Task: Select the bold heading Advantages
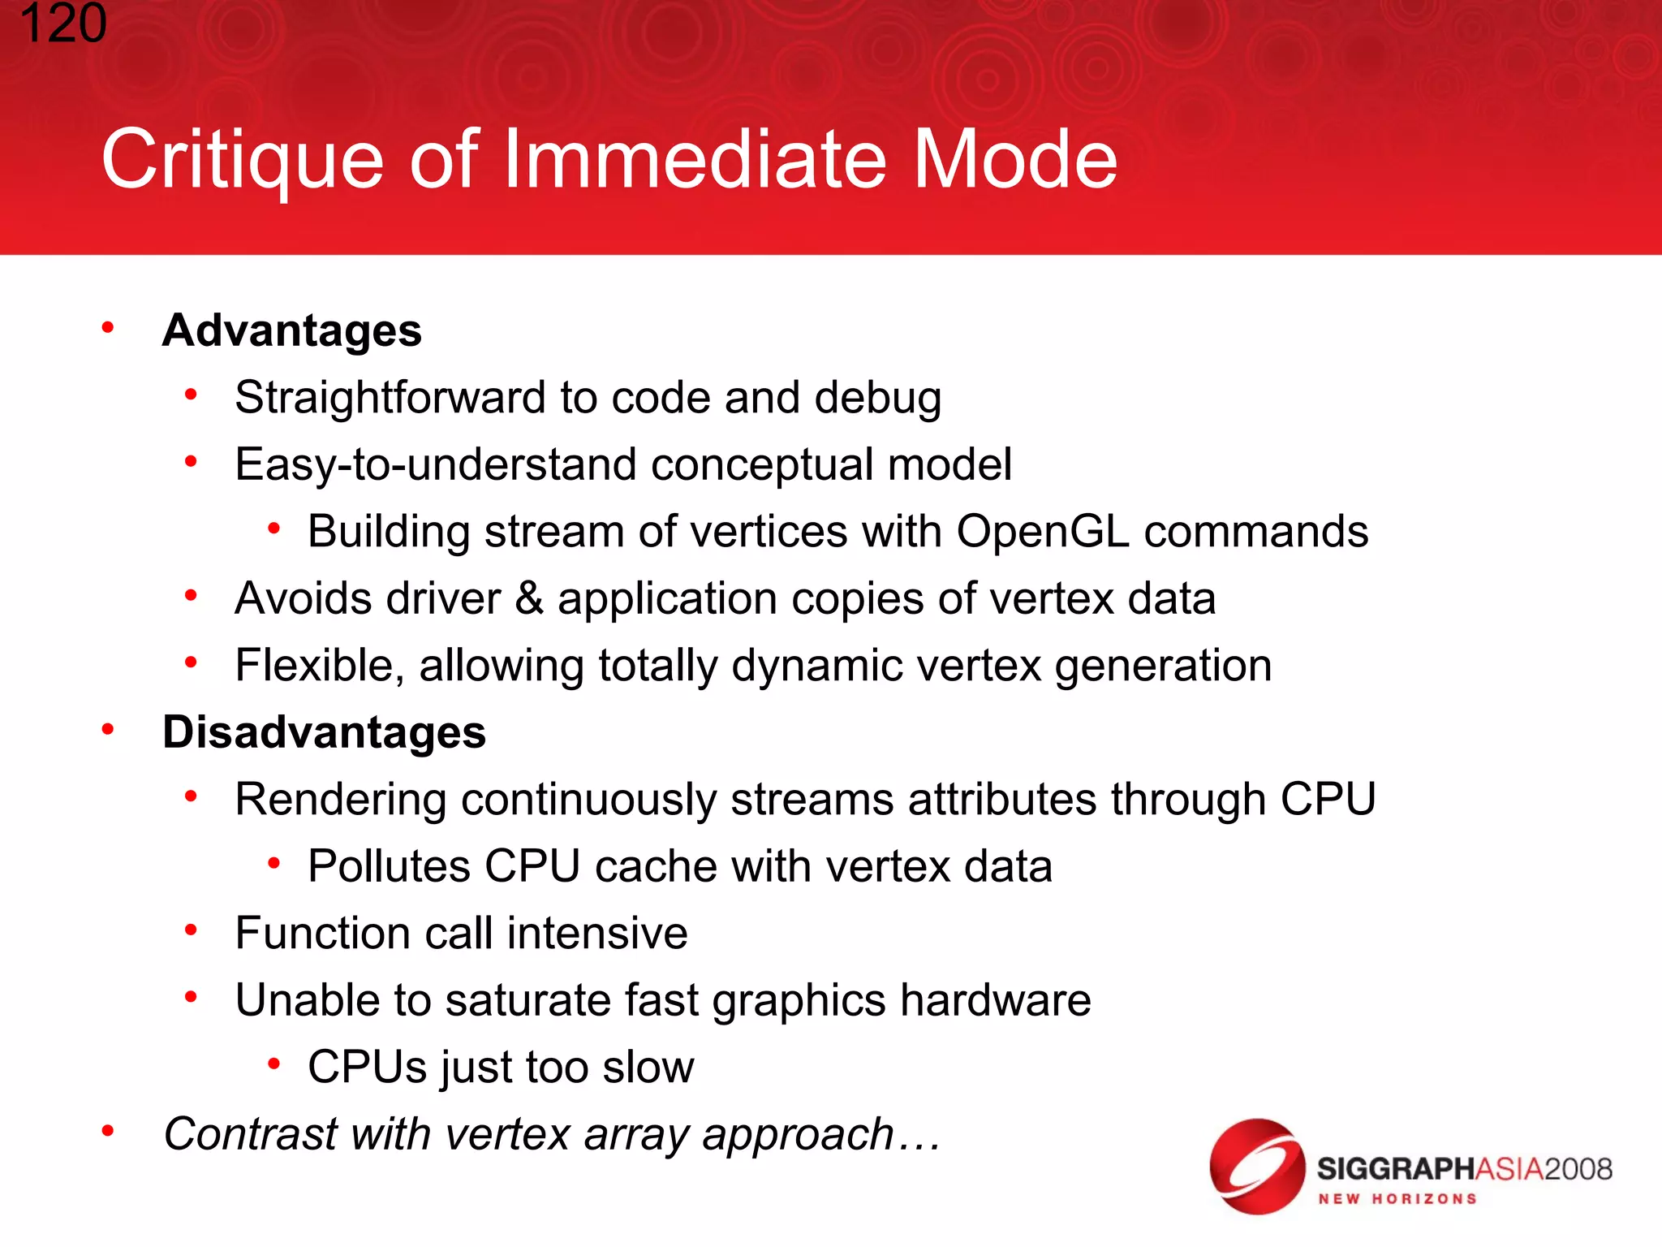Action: tap(292, 330)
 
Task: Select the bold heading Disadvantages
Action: tap(324, 731)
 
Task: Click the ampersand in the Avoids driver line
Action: tap(529, 598)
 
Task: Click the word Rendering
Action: tap(340, 799)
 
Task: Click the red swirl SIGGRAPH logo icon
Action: tap(1256, 1167)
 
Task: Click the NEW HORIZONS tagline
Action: tap(1397, 1199)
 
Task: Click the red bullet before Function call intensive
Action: tap(191, 930)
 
